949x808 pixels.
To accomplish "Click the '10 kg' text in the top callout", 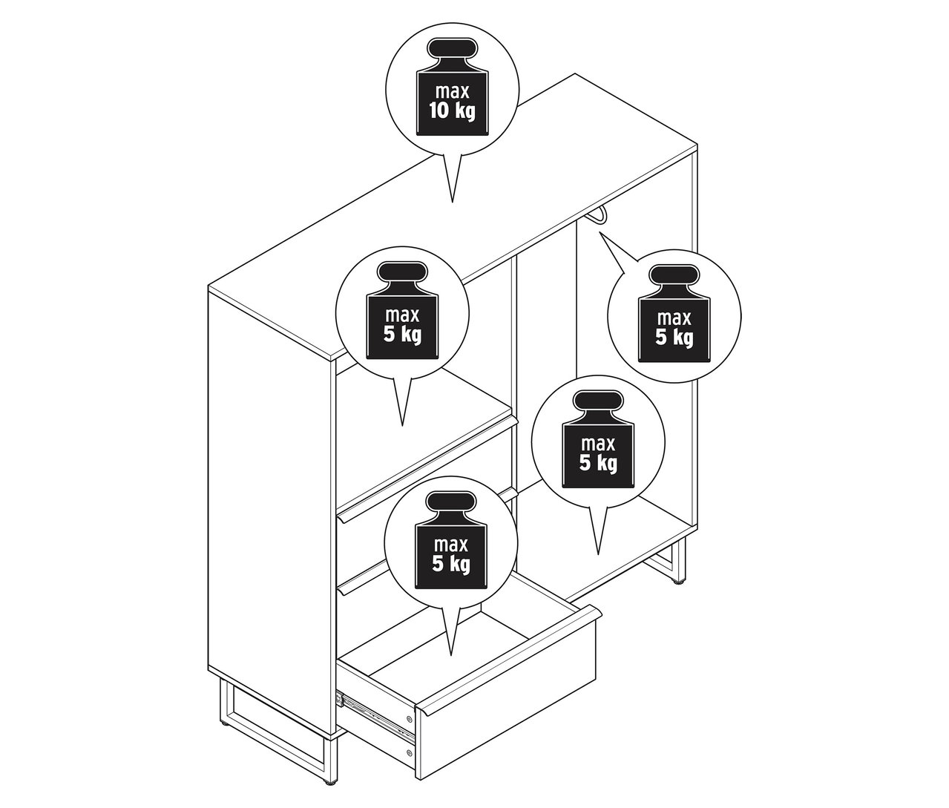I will (x=452, y=113).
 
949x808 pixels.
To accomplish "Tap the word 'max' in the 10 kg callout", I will (x=452, y=93).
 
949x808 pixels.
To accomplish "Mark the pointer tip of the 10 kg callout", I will (x=452, y=201).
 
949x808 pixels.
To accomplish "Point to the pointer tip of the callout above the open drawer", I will (x=451, y=654).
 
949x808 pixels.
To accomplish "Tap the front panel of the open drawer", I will (x=512, y=712).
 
